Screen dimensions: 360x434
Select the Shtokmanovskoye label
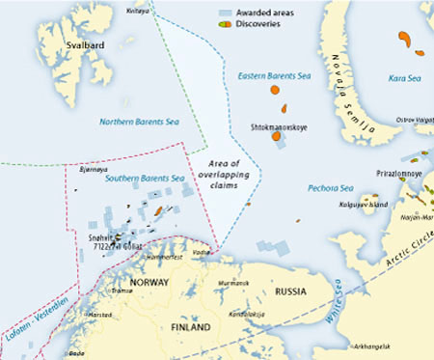(x=277, y=126)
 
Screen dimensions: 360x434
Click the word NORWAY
(x=149, y=282)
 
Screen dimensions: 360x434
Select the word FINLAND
(x=195, y=327)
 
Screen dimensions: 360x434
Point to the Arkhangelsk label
(x=372, y=345)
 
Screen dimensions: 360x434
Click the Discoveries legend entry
(x=252, y=24)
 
